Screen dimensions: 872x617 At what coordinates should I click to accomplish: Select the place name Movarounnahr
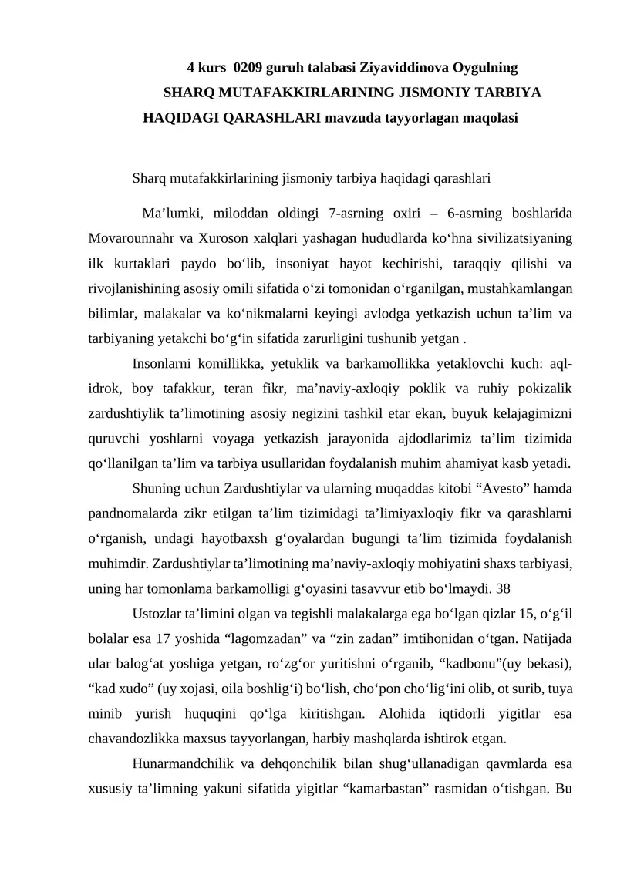(x=127, y=237)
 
